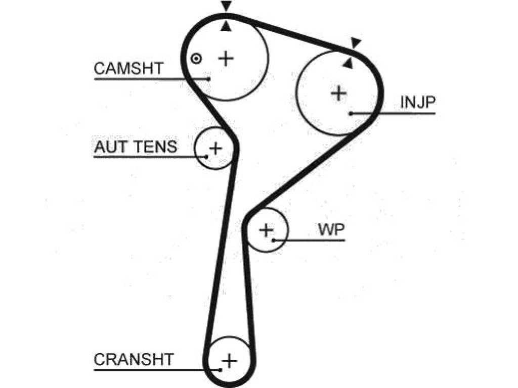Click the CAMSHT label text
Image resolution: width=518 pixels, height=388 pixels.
point(128,68)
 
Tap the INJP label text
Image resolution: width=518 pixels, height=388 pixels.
point(418,102)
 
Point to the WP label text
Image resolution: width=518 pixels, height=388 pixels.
point(331,229)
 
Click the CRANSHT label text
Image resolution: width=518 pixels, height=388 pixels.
point(134,360)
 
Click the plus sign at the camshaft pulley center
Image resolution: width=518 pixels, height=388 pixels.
point(226,59)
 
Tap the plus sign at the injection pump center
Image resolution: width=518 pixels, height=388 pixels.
point(339,93)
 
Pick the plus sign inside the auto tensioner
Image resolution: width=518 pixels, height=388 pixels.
point(215,148)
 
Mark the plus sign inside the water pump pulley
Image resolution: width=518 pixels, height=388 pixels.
point(266,230)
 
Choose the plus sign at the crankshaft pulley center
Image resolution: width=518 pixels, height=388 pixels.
point(230,361)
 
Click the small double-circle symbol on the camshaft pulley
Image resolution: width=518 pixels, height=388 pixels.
point(196,59)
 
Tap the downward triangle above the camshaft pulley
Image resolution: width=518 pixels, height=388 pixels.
point(227,6)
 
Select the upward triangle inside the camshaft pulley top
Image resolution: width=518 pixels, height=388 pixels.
point(226,26)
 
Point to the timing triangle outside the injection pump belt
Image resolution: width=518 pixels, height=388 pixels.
point(356,42)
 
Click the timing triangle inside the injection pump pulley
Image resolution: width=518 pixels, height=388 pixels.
point(348,63)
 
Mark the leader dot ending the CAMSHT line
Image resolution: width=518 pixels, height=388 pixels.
point(208,79)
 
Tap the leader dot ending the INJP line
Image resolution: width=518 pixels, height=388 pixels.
point(351,114)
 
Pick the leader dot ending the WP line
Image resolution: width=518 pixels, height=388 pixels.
point(274,240)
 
